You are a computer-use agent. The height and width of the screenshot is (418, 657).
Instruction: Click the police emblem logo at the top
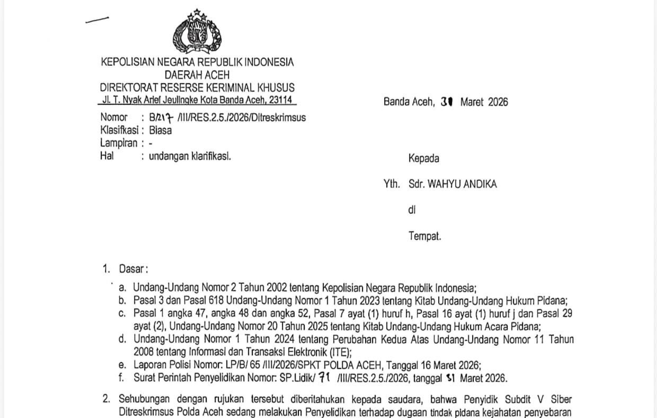pyautogui.click(x=197, y=32)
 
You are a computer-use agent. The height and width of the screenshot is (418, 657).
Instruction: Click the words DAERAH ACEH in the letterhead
pyautogui.click(x=197, y=75)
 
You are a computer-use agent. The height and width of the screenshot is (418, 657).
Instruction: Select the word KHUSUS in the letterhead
pyautogui.click(x=276, y=88)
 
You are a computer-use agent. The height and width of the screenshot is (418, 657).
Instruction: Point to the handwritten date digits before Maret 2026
pyautogui.click(x=446, y=102)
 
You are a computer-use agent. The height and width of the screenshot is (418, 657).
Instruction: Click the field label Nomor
pyautogui.click(x=114, y=117)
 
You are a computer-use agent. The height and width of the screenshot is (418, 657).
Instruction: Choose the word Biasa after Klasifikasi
pyautogui.click(x=160, y=130)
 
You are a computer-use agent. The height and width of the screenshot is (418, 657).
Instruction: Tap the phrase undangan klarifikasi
pyautogui.click(x=190, y=156)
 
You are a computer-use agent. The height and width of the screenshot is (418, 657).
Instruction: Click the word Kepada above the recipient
pyautogui.click(x=423, y=158)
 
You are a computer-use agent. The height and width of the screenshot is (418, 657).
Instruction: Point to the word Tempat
pyautogui.click(x=424, y=236)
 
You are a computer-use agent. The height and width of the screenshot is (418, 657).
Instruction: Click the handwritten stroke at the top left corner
pyautogui.click(x=97, y=20)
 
